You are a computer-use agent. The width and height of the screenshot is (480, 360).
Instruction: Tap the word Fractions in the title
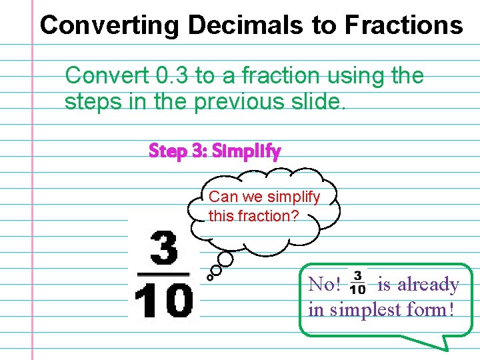[403, 25]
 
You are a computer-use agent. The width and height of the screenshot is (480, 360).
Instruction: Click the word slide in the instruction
[318, 102]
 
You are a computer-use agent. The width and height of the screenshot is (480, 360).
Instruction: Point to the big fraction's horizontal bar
[164, 273]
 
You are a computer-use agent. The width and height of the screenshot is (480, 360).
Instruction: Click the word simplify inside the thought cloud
[293, 197]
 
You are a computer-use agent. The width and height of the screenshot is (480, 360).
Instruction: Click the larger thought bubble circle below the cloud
[226, 259]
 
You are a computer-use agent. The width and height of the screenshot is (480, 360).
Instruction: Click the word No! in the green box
[325, 285]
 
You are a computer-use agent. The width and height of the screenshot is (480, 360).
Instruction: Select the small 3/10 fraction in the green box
[357, 282]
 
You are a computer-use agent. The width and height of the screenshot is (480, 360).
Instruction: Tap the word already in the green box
[429, 285]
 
